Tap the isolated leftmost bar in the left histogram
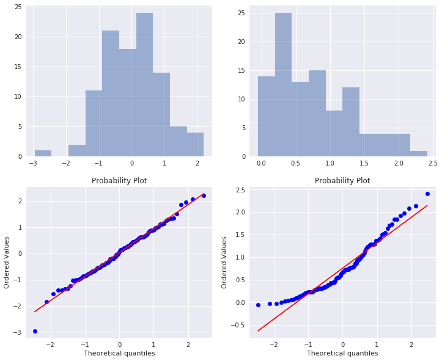43,153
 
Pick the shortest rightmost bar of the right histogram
419,153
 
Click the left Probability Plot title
119,181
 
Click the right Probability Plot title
342,181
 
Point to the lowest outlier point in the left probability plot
35,331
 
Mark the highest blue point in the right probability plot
427,194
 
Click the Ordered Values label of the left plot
7,262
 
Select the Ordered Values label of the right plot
224,262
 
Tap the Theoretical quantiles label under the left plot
119,353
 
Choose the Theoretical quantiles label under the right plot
342,353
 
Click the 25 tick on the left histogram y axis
18,7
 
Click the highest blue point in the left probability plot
204,195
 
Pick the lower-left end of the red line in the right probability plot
259,330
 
